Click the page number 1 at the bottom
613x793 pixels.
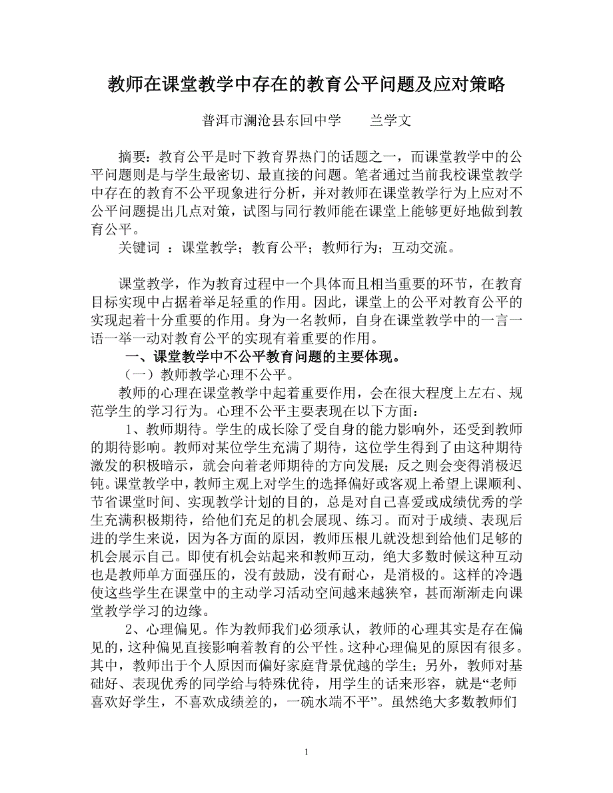click(x=306, y=753)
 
